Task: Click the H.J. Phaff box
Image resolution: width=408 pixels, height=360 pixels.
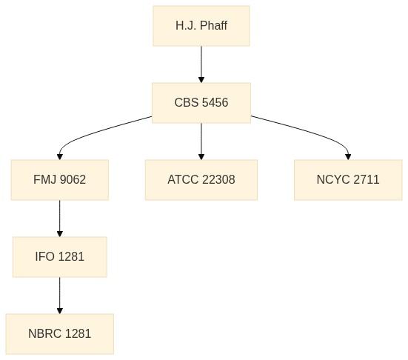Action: (201, 26)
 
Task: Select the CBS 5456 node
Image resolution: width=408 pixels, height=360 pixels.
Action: (201, 103)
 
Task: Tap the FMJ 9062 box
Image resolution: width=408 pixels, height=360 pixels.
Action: (59, 180)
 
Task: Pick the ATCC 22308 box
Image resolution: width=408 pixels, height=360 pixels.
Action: (201, 180)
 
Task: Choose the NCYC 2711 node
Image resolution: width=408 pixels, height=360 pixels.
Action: (348, 180)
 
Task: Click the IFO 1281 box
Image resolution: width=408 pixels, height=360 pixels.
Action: (59, 257)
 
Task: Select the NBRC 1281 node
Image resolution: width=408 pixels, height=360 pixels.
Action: (59, 334)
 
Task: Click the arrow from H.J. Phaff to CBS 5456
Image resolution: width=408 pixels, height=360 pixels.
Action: (201, 64)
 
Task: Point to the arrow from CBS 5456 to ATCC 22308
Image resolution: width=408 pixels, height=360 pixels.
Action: (201, 141)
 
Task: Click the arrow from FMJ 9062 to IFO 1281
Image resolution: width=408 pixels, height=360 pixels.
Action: (59, 219)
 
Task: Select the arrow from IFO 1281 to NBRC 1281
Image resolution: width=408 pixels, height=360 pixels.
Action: (59, 296)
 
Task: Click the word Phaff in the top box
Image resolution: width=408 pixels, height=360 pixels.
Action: (214, 25)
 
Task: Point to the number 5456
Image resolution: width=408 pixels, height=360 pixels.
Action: (215, 102)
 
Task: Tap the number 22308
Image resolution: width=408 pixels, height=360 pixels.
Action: (218, 179)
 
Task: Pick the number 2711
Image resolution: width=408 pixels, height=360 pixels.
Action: (366, 179)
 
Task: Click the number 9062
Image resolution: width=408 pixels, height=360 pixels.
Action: (73, 179)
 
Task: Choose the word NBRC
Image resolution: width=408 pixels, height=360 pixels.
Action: (44, 334)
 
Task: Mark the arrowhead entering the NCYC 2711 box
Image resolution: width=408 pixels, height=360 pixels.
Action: (348, 157)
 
